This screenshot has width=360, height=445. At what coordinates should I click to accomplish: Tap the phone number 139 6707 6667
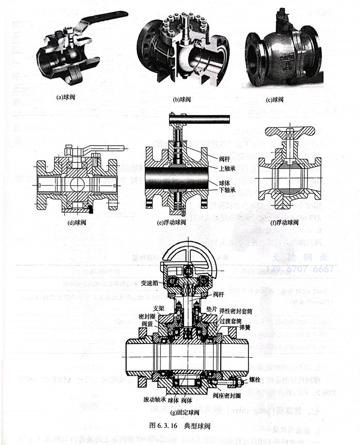(300, 269)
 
